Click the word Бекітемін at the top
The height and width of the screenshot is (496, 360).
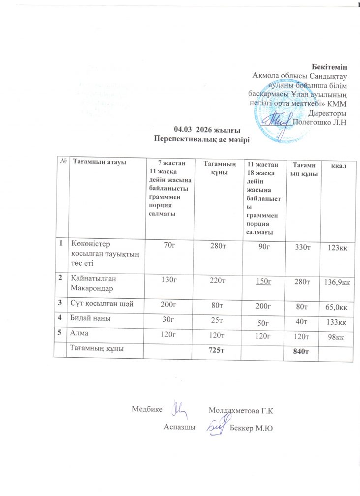330,67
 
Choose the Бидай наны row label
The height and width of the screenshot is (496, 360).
90,319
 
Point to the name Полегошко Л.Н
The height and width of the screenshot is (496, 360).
320,122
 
